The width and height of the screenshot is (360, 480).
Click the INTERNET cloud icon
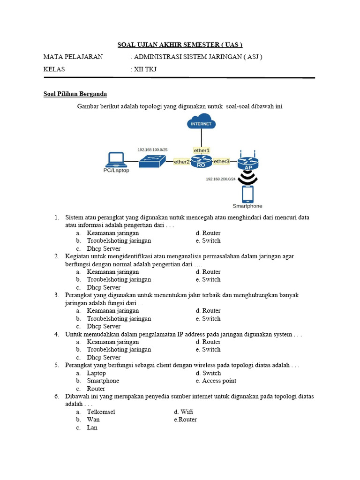click(201, 123)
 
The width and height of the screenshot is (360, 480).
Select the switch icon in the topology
click(152, 161)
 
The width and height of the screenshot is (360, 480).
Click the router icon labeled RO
click(201, 163)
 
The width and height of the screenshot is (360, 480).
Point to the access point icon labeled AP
click(247, 162)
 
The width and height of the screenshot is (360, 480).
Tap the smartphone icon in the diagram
click(247, 194)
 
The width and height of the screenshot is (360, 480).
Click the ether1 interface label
click(202, 150)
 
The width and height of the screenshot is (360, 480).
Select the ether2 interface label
click(182, 162)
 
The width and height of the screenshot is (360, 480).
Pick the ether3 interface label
click(221, 162)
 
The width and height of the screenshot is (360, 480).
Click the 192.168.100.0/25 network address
click(152, 150)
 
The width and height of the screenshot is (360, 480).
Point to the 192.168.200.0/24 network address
click(221, 179)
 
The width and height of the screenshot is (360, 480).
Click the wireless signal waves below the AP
click(247, 178)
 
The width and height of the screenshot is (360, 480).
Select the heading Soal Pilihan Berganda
click(75, 94)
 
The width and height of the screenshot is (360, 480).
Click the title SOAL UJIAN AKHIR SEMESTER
click(180, 45)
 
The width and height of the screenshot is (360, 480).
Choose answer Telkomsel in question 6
click(101, 412)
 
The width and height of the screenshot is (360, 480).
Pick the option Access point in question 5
click(219, 381)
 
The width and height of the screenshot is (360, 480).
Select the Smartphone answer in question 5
click(103, 381)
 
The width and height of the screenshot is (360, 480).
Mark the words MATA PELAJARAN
click(73, 57)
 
